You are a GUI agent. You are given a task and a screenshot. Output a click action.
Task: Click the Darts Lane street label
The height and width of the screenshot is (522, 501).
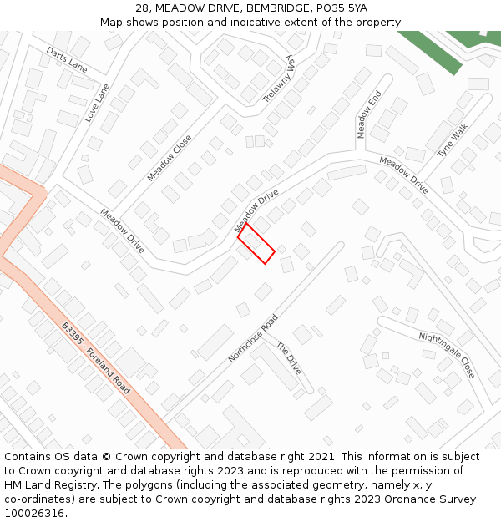pos(67,58)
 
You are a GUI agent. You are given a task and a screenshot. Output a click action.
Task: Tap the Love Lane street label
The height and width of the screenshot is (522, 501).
pos(97,103)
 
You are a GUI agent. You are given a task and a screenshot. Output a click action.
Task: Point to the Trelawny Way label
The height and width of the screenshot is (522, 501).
pos(280,79)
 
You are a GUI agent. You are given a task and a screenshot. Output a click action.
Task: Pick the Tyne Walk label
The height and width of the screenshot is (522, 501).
pos(453,140)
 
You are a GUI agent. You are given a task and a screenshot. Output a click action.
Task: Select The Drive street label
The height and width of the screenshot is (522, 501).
pos(288,357)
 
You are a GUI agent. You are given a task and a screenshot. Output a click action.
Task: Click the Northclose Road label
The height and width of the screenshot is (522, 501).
pos(253,339)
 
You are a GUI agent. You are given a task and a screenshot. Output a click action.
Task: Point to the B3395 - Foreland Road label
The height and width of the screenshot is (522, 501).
pos(96,358)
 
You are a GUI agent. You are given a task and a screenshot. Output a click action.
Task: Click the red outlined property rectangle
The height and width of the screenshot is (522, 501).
pos(256,243)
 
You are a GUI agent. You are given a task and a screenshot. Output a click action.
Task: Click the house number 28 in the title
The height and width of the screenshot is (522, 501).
pos(142,8)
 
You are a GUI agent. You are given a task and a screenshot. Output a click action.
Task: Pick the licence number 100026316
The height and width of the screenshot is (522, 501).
pos(34,513)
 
